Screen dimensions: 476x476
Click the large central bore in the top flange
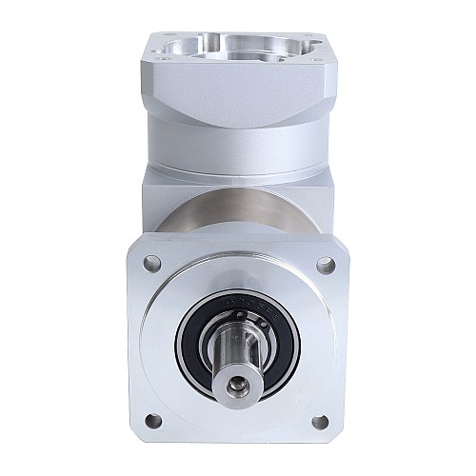[x=238, y=45]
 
